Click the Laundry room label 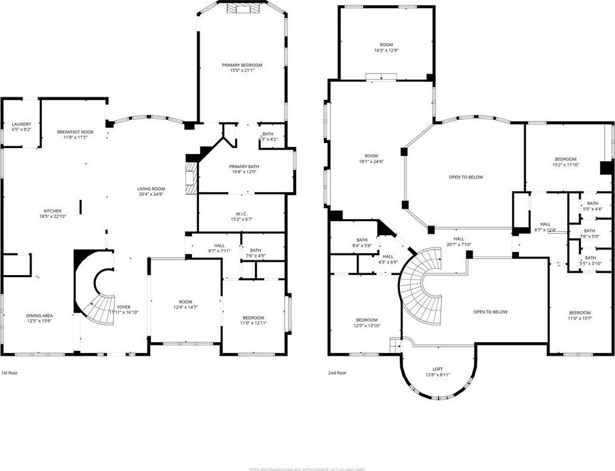(x=21, y=124)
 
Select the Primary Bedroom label (x=242, y=65)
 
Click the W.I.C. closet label (x=242, y=214)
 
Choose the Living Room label (x=151, y=188)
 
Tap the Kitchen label (x=52, y=211)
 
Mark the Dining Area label (x=39, y=315)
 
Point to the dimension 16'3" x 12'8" (x=386, y=50)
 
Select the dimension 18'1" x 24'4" (x=370, y=161)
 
